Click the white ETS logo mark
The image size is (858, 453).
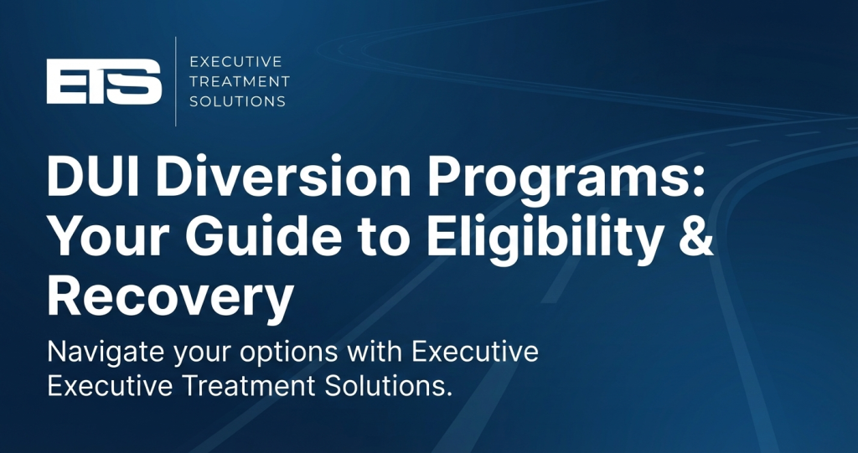[104, 81]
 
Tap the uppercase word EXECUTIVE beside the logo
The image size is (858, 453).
[235, 61]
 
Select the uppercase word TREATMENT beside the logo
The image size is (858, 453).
[240, 81]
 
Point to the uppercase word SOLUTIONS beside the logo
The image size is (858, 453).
[237, 101]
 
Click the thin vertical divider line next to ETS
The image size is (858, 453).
[176, 81]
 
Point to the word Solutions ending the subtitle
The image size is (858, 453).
[389, 386]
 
